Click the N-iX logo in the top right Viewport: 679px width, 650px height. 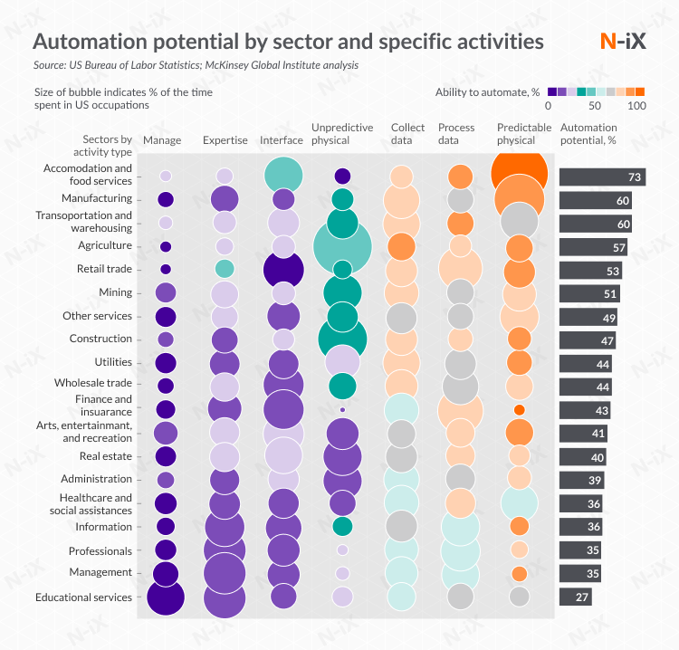622,42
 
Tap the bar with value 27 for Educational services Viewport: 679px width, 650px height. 576,597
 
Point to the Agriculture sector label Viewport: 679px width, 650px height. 105,245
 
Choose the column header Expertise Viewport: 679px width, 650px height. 225,140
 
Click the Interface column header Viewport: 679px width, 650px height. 282,140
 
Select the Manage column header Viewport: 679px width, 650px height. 162,140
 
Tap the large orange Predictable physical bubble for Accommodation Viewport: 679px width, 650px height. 520,172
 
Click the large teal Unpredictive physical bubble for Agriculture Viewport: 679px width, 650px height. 342,246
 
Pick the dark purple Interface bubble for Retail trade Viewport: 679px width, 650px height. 283,270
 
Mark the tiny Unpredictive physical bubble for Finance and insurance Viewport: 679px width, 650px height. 342,409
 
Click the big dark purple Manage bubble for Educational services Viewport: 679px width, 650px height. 165,597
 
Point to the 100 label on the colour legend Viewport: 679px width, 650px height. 636,106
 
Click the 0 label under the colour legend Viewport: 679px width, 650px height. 549,106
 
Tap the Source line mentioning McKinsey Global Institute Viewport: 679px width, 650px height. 196,65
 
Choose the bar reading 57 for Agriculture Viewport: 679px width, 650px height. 593,247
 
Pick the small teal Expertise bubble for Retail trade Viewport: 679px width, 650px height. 225,269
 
